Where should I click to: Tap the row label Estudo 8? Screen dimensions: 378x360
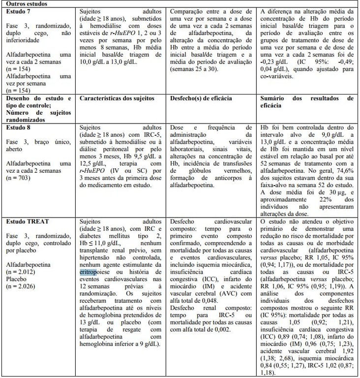(17, 127)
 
